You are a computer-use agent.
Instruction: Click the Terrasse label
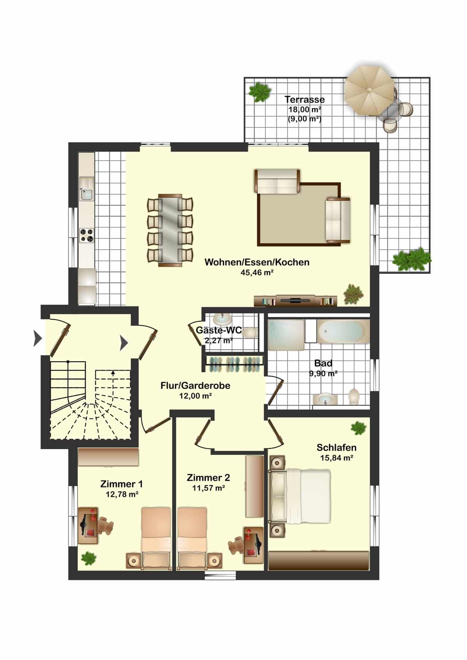[x=305, y=100]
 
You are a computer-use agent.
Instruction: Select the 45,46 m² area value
[x=257, y=272]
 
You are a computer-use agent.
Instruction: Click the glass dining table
[x=170, y=230]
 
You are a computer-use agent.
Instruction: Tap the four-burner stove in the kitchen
[x=87, y=236]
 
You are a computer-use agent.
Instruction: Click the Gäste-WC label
[x=219, y=330]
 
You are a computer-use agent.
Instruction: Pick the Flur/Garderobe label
[x=195, y=385]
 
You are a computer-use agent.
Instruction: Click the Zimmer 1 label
[x=121, y=484]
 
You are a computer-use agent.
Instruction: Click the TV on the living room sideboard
[x=295, y=300]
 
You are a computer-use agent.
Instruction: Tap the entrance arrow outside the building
[x=38, y=338]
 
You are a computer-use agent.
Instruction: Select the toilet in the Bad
[x=354, y=396]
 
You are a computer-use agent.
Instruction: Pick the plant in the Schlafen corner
[x=358, y=428]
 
